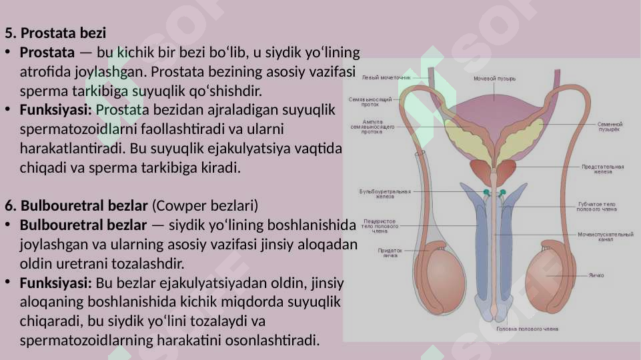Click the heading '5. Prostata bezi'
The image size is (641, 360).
pos(55,33)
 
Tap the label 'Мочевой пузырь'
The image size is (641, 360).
pos(494,79)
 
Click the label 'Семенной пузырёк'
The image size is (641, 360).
pos(610,126)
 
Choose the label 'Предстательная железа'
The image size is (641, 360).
pos(602,169)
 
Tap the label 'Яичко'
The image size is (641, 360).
pos(596,275)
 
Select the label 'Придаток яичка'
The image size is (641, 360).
pos(390,253)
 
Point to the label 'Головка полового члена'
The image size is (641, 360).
pos(528,329)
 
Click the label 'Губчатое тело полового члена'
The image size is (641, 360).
pos(597,207)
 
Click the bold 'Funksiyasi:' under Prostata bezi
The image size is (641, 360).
pos(57,109)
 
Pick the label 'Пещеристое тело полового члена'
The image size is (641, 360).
pos(380,226)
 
